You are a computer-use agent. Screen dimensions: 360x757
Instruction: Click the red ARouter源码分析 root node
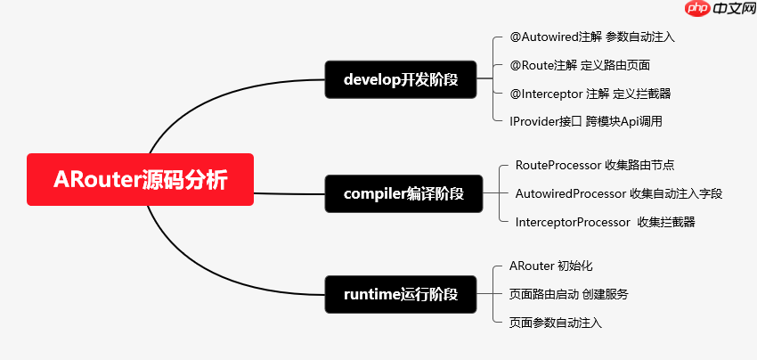pyautogui.click(x=140, y=180)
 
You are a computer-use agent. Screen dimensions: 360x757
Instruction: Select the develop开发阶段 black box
pyautogui.click(x=401, y=78)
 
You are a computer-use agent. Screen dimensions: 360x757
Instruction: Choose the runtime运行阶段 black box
pyautogui.click(x=401, y=294)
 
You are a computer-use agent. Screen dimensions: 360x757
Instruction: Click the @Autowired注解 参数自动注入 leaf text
pyautogui.click(x=591, y=37)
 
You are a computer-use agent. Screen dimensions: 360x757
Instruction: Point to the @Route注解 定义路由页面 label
pyautogui.click(x=579, y=65)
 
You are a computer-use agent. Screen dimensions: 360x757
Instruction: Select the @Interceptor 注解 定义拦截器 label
pyautogui.click(x=590, y=93)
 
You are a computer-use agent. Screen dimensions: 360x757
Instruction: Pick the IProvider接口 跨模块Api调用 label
pyautogui.click(x=585, y=120)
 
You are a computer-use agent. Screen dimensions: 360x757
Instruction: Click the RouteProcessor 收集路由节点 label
pyautogui.click(x=594, y=165)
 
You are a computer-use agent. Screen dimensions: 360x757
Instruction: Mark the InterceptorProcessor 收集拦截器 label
pyautogui.click(x=605, y=222)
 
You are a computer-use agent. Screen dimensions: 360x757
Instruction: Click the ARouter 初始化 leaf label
pyautogui.click(x=550, y=266)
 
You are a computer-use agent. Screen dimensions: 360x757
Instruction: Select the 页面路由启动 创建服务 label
pyautogui.click(x=568, y=294)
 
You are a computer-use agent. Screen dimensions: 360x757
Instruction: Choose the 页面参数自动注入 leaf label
pyautogui.click(x=555, y=323)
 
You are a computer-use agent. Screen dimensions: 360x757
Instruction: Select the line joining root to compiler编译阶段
pyautogui.click(x=289, y=192)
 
